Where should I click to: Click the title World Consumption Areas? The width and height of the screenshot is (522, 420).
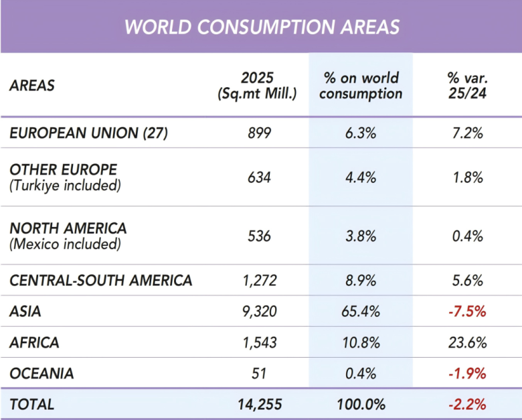click(262, 27)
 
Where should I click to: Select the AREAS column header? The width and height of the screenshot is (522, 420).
click(32, 86)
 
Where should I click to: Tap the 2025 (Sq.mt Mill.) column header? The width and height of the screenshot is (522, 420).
click(257, 86)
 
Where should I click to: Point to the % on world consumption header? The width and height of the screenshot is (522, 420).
click(361, 86)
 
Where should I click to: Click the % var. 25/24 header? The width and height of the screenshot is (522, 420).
click(467, 86)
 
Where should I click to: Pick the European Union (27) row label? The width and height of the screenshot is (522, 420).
click(88, 133)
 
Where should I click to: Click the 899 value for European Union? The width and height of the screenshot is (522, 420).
click(260, 133)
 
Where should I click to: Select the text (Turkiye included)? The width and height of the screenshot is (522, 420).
click(66, 186)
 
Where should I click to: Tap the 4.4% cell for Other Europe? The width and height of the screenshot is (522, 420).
click(361, 178)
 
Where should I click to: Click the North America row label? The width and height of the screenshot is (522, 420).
click(68, 228)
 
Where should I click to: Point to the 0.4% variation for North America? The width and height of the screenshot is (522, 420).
click(467, 236)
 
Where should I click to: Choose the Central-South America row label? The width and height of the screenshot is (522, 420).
click(101, 280)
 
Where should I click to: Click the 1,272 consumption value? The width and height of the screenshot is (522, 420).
click(260, 280)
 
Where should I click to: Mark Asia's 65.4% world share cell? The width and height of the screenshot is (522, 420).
click(361, 311)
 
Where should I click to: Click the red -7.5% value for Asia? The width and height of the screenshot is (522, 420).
click(467, 311)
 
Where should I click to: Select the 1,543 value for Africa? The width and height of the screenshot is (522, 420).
click(260, 343)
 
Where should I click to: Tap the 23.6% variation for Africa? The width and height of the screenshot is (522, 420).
click(467, 343)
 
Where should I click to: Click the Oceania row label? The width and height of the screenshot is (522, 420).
click(41, 373)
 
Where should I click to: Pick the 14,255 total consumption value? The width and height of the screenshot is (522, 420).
click(260, 405)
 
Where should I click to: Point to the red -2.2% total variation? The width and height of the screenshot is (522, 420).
click(467, 405)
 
